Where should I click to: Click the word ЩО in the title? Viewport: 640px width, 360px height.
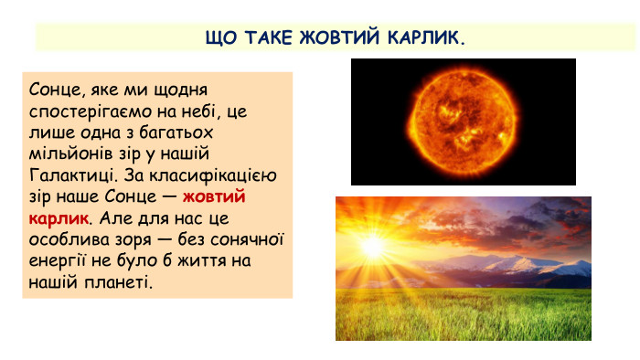[221, 37]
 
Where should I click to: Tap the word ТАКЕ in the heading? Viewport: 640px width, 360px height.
[269, 37]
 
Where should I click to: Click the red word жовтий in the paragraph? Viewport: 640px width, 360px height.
[214, 196]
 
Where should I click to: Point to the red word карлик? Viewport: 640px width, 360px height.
[59, 218]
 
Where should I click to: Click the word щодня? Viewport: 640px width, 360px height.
[180, 90]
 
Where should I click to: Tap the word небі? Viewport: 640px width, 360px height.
[197, 111]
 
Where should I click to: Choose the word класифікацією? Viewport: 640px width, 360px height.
[213, 175]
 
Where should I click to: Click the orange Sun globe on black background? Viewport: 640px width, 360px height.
[463, 122]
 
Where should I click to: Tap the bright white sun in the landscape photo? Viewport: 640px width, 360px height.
[373, 247]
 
